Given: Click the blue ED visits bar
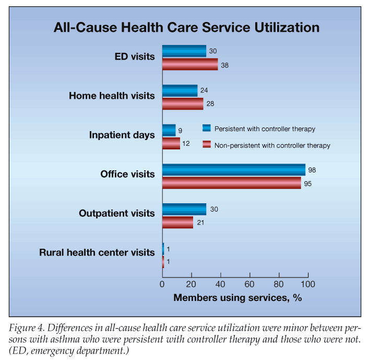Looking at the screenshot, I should coord(184,51).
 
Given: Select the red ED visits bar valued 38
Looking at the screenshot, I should coord(190,64).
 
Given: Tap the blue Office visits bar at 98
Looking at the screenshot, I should coord(234,170).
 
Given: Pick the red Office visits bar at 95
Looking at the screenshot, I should coord(231,183).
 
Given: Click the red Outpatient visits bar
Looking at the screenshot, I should coord(177,222).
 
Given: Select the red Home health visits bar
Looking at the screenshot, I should coord(183,103).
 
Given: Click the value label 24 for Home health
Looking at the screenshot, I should coord(205,90).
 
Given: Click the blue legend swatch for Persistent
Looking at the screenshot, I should coord(206,129).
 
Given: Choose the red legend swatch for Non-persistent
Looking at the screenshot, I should coord(206,145).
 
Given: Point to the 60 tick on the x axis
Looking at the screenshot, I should coord(250,284).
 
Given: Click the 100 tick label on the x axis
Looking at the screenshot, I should coord(308,284).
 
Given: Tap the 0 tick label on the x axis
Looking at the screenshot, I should coord(162,284).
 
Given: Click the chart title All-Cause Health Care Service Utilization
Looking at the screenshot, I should coord(186,27).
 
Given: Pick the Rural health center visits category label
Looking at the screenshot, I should coord(97,253).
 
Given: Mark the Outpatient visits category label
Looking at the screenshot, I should coord(117,214).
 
